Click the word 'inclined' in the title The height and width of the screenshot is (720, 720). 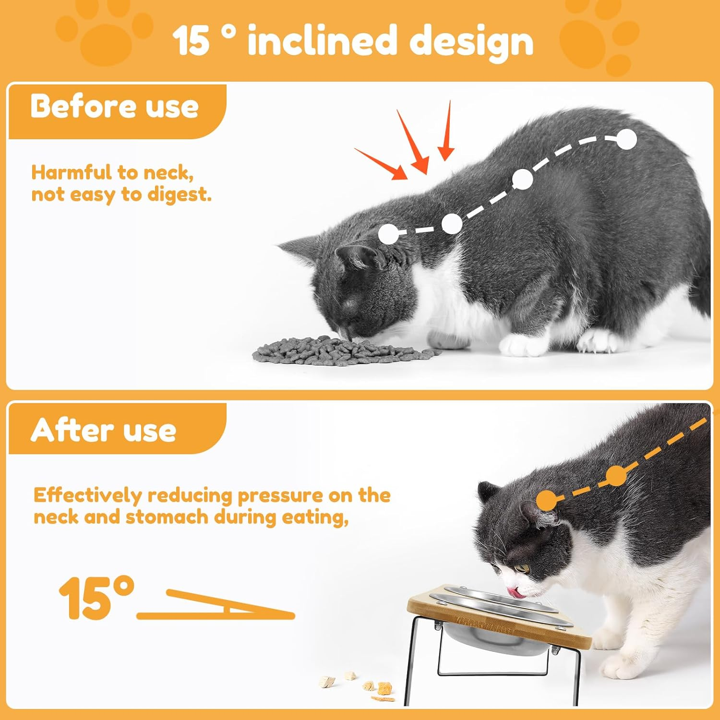pos(322,41)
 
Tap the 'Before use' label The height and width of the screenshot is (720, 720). pos(114,106)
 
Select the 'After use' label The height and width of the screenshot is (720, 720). pos(104,430)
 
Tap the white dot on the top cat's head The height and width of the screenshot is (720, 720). pos(388,235)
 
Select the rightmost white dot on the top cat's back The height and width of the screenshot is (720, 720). pos(626,140)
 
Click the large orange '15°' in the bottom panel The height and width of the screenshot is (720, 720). pos(96,598)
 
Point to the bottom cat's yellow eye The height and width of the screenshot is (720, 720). pos(520,569)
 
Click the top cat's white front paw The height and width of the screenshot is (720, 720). pos(521,344)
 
